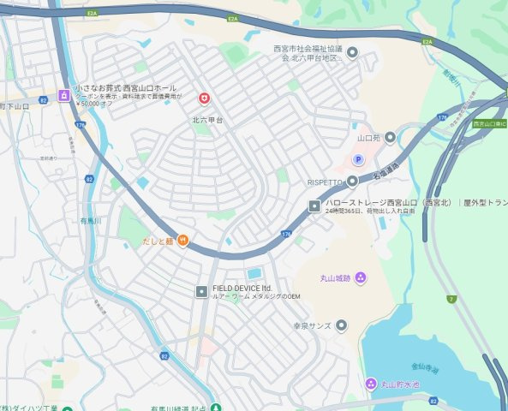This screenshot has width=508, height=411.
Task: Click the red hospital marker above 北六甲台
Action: [203, 98]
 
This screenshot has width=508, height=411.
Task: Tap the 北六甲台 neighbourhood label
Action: [207, 121]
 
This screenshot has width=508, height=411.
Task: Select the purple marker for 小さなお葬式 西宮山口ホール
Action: [63, 95]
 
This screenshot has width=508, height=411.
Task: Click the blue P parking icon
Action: [358, 159]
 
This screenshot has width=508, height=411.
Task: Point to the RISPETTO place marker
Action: [352, 181]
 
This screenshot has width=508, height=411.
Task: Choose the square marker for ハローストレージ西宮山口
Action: [314, 205]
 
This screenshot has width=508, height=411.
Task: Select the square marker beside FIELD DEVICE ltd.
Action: [201, 290]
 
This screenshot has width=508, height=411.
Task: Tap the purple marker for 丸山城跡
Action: [361, 277]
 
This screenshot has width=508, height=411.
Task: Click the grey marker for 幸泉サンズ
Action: [342, 325]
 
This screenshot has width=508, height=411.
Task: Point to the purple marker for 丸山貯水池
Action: [370, 383]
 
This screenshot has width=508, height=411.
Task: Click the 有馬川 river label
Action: [91, 221]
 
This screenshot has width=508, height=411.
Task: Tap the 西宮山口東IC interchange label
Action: [490, 124]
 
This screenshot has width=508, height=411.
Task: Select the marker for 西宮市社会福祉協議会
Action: [351, 53]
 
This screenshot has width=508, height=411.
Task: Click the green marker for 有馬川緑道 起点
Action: [216, 408]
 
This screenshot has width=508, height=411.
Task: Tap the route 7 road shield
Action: [451, 299]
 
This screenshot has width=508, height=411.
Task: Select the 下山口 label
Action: [17, 105]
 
